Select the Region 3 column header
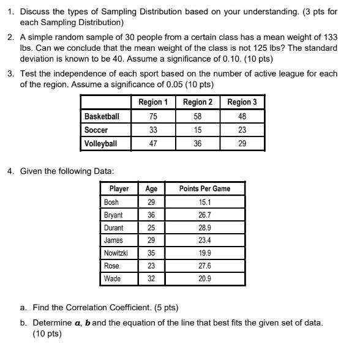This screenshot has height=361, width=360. tap(241, 102)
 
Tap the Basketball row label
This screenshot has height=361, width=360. tap(102, 116)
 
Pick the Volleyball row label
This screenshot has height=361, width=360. tap(100, 144)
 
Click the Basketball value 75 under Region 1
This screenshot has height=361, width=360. tap(153, 116)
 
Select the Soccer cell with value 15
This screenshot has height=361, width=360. tap(197, 130)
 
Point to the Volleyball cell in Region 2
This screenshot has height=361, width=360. tap(197, 144)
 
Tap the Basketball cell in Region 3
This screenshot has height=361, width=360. tap(241, 116)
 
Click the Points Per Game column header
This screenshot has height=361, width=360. tap(204, 189)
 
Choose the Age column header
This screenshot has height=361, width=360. tap(151, 189)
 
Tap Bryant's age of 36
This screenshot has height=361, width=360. tap(151, 215)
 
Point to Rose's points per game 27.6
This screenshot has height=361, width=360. tap(204, 266)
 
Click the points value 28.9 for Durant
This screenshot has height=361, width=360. tap(204, 228)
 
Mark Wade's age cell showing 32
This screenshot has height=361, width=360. tap(151, 278)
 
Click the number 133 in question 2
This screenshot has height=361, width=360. tap(329, 38)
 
